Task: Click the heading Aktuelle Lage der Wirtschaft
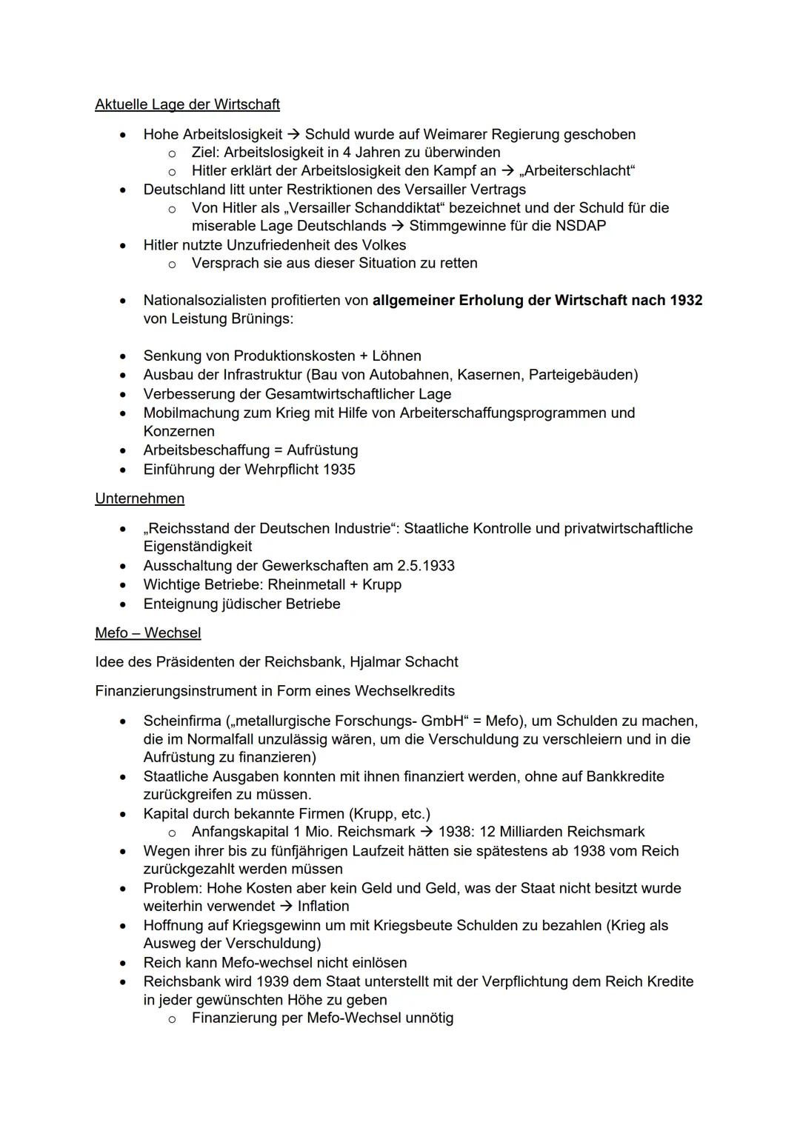pos(187,104)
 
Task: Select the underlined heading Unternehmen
pos(140,498)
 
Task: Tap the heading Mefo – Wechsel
pos(148,633)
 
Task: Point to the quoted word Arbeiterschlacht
pos(580,171)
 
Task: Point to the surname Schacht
pos(431,661)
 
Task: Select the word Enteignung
pos(181,604)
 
